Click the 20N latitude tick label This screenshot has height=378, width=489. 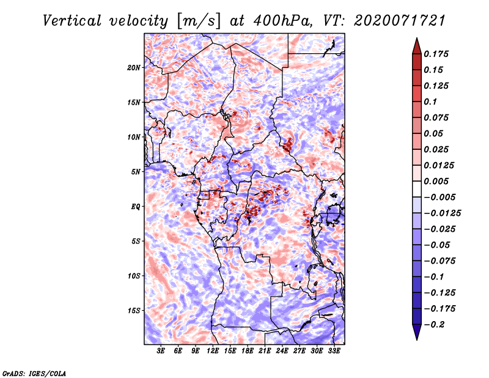(134, 68)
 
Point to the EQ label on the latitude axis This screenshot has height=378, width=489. (135, 207)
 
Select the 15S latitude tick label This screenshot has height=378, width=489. (134, 311)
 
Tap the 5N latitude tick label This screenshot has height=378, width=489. (136, 172)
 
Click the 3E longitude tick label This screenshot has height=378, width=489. (161, 351)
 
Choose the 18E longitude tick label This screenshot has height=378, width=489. (248, 351)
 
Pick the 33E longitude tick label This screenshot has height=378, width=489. (334, 351)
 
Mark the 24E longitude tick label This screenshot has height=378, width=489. (282, 351)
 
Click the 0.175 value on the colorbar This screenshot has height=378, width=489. (436, 54)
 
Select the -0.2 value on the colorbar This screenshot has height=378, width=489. (434, 325)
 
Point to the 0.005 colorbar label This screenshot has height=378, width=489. (436, 181)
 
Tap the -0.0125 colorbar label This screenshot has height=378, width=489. (442, 213)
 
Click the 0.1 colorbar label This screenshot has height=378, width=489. (430, 102)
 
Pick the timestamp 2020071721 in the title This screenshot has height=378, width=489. (400, 21)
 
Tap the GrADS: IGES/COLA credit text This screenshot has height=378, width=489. (34, 373)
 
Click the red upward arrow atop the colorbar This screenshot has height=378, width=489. (417, 46)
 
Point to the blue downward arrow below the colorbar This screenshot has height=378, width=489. (417, 332)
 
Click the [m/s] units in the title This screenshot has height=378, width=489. (198, 21)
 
